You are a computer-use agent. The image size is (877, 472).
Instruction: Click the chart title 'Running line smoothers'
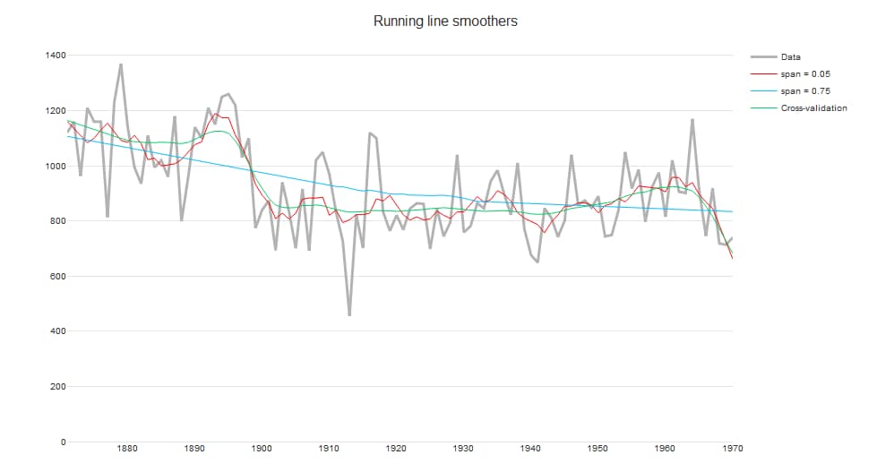(445, 21)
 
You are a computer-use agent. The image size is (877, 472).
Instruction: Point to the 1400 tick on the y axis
(55, 56)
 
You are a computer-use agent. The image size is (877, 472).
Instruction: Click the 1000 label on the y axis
(55, 167)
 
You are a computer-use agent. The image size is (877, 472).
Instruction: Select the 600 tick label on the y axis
(57, 277)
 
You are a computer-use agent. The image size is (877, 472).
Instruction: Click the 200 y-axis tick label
(57, 387)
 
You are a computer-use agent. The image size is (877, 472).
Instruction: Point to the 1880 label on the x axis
(127, 448)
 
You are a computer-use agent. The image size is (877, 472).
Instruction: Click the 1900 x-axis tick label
(262, 448)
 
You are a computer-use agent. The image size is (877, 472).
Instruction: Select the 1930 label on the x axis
(463, 448)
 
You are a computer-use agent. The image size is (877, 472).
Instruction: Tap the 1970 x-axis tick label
(732, 448)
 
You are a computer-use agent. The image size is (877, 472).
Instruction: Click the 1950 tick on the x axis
(598, 448)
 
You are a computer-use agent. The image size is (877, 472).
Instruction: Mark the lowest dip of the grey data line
(349, 315)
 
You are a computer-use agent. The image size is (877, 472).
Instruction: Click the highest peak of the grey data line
(121, 64)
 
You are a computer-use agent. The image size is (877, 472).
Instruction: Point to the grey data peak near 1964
(692, 119)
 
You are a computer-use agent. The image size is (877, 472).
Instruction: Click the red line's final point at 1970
(732, 258)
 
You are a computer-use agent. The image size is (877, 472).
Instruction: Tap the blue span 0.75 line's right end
(732, 211)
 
